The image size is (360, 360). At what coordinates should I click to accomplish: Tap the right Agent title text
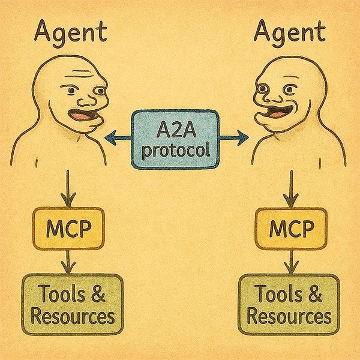[290, 31]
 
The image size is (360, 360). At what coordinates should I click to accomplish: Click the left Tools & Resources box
[73, 305]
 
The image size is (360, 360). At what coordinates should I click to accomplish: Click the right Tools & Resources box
[289, 305]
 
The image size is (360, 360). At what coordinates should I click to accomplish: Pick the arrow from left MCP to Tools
[70, 261]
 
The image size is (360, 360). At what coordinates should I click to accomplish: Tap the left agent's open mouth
[79, 116]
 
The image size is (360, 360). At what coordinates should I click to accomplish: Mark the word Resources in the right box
[289, 316]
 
